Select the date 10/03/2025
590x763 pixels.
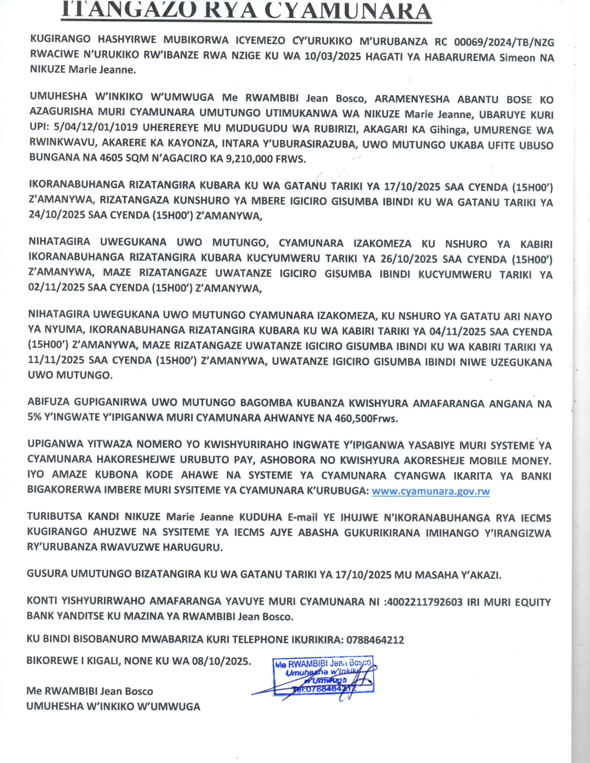pos(333,57)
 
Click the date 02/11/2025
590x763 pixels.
pos(56,288)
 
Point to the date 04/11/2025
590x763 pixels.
pos(456,332)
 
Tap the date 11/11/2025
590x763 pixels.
pos(57,361)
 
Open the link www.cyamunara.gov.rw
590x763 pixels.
pos(430,491)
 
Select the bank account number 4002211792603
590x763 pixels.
pos(423,602)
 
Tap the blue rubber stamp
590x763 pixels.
pos(323,675)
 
